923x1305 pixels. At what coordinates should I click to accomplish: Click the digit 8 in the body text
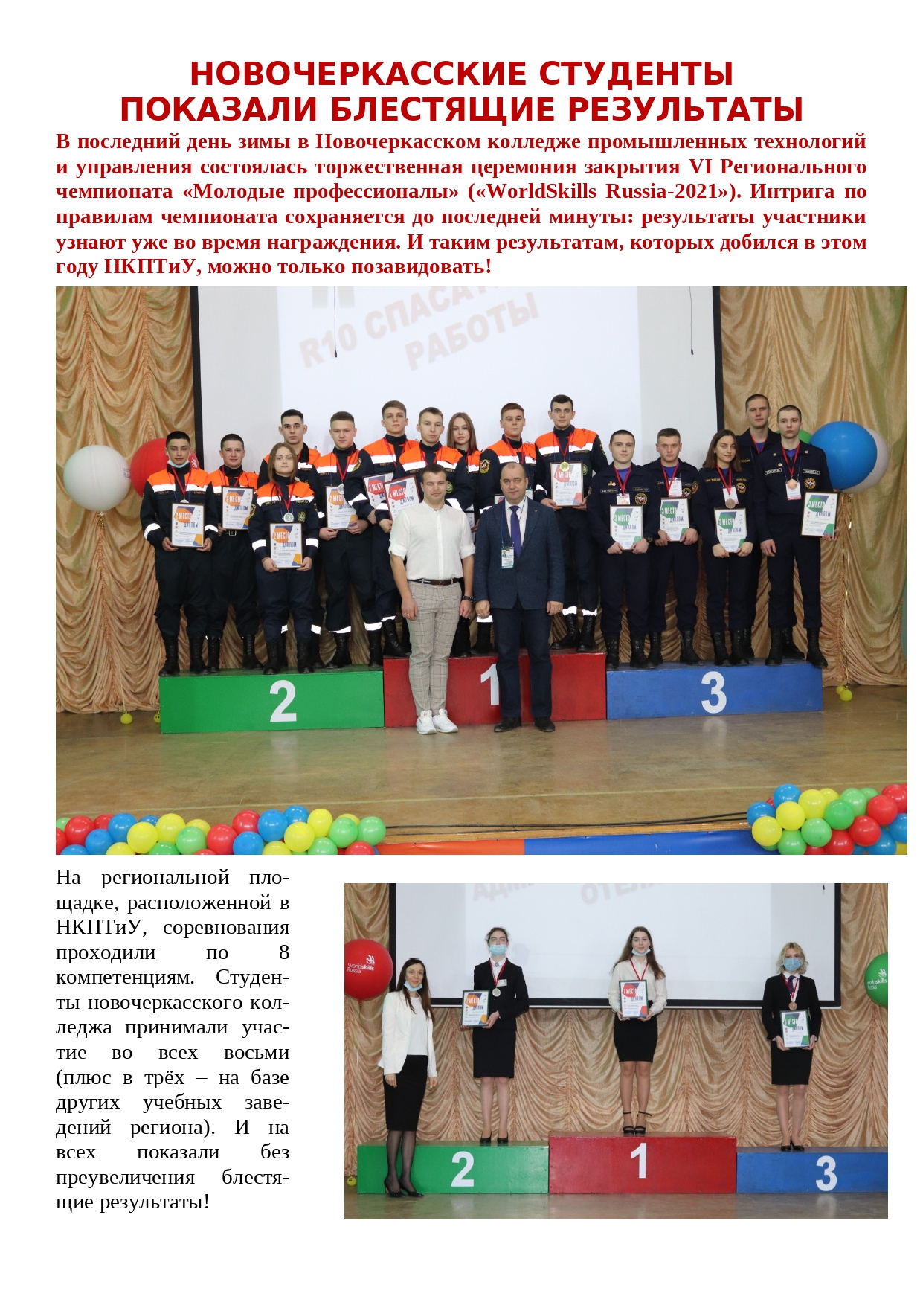coord(283,952)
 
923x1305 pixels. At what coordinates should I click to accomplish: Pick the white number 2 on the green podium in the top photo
coord(283,701)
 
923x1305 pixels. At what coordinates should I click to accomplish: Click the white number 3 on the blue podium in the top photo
coord(713,692)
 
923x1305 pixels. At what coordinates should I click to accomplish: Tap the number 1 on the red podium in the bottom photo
coord(639,1161)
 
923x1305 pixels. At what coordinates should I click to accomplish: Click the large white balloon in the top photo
coord(97,478)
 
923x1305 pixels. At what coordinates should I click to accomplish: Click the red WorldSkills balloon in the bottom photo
coord(367,969)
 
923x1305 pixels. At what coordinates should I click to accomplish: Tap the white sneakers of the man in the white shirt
coord(436,722)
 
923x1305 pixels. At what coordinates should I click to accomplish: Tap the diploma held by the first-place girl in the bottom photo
coord(634,998)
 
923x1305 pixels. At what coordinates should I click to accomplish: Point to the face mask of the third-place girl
coord(793,964)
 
